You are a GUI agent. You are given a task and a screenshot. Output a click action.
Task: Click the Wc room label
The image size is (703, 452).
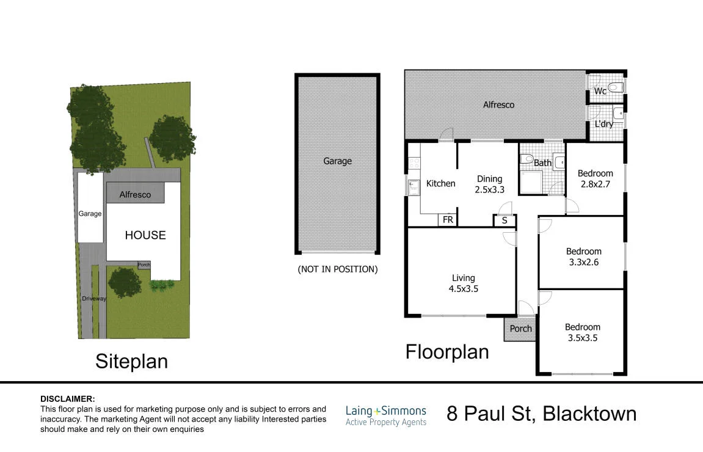coord(600,91)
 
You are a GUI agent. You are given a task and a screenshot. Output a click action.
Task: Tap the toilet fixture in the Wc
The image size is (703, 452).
coord(616,87)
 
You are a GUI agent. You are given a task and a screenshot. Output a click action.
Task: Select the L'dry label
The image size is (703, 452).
coord(604,124)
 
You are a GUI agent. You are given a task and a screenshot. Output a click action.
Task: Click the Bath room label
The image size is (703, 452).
coord(542,162)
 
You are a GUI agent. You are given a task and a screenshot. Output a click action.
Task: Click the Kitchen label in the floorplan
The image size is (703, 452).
coord(441,183)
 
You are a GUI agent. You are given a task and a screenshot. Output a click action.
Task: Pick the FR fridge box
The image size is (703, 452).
coord(448,220)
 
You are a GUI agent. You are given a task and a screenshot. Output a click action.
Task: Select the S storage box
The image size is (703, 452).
coord(504,220)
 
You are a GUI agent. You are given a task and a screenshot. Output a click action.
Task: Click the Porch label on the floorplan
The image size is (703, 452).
coord(520,329)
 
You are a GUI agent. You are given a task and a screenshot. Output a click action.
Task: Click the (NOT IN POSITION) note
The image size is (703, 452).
coord(338,269)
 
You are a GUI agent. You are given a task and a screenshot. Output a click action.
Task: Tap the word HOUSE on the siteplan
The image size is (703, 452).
coord(145,235)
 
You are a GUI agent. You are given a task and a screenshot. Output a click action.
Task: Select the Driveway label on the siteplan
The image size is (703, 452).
coord(94,299)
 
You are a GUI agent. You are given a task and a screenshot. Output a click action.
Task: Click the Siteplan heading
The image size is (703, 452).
coord(131,362)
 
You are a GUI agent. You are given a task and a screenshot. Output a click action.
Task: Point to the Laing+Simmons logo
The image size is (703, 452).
coord(386,416)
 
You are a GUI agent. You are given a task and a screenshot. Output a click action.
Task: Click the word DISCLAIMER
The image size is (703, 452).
coord(68,399)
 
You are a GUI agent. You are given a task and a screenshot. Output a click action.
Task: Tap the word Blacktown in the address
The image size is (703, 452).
coord(589,414)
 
